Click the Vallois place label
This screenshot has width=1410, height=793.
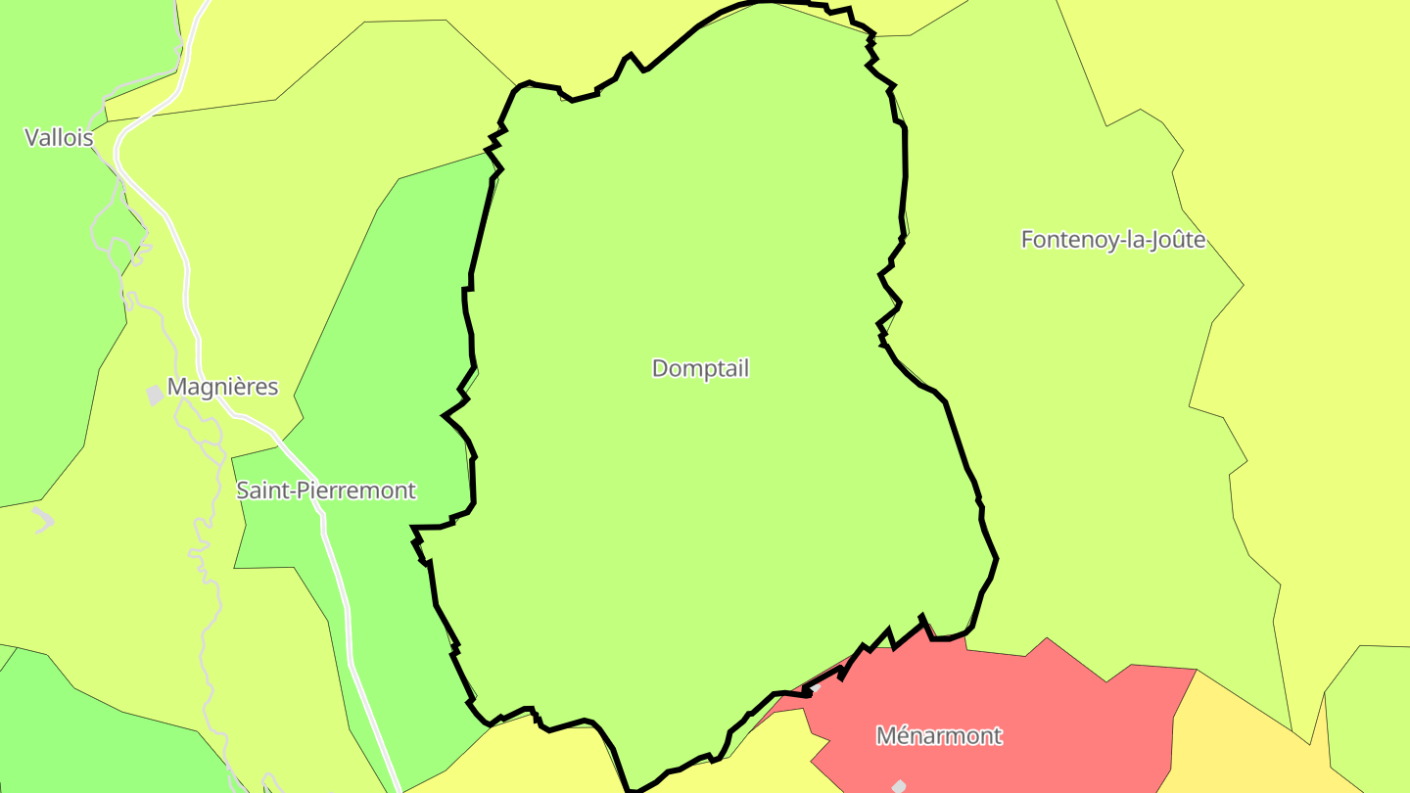[59, 138]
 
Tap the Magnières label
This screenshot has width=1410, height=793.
[222, 388]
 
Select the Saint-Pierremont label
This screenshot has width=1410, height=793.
[326, 490]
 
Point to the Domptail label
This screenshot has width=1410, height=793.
[700, 369]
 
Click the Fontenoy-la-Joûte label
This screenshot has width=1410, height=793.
[1113, 240]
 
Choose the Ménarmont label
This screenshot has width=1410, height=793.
[939, 736]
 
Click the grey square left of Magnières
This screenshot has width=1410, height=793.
[155, 395]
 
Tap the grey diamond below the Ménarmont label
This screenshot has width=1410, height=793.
[899, 785]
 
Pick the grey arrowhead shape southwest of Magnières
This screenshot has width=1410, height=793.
[43, 519]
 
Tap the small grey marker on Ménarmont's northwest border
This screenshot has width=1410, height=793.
[815, 689]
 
